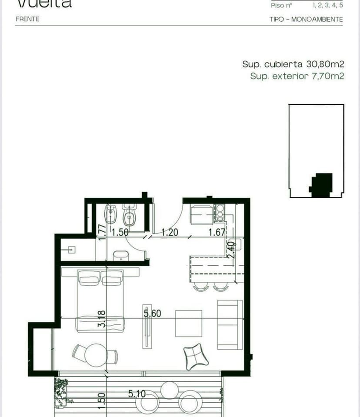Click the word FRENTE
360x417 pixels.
(27, 19)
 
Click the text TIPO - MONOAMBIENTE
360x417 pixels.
(306, 19)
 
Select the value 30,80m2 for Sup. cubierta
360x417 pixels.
(325, 64)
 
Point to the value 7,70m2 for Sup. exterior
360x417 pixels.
(327, 77)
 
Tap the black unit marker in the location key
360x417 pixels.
(321, 184)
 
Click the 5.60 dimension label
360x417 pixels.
(153, 313)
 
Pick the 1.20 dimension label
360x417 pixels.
(170, 232)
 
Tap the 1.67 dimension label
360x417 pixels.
(216, 232)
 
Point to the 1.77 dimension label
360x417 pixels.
(103, 232)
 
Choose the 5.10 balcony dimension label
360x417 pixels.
(137, 394)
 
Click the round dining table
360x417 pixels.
(96, 355)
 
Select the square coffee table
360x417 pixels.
(189, 323)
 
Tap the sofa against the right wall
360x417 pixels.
(230, 324)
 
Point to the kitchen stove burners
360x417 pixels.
(220, 212)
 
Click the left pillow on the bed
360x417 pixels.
(89, 278)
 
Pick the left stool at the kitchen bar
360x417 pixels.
(200, 287)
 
